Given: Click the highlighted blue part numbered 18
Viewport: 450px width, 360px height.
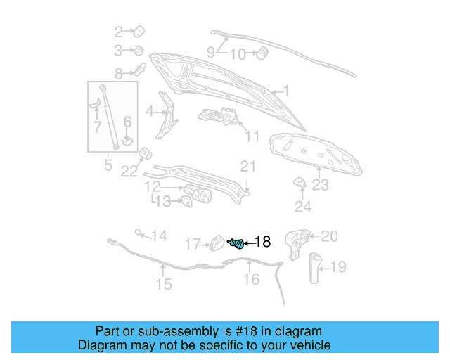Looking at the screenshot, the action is pos(236,243).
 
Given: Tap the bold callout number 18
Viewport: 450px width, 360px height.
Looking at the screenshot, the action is pos(262,242).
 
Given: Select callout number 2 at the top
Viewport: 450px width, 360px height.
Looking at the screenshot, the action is pos(119,32).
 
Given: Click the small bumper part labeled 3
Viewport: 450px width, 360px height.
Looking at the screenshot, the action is pos(139,50).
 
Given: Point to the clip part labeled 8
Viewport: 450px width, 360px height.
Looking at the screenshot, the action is pos(141,69).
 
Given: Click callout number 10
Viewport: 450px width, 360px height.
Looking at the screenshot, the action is pos(238,54).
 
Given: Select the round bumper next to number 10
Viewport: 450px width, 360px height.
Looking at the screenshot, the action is pos(262,53).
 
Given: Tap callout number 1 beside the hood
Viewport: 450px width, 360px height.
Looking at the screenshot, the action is pos(286,91).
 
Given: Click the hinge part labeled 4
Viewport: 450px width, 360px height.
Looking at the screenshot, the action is pos(167,115).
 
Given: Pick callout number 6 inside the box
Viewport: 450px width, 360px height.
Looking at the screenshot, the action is pos(127,122).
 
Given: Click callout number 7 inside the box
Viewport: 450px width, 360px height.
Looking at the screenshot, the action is pos(97,127).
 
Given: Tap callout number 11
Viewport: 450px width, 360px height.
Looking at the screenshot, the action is pos(252,136).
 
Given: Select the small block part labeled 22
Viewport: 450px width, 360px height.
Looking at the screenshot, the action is pos(146,153).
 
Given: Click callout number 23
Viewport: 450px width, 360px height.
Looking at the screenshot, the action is pos(320,185).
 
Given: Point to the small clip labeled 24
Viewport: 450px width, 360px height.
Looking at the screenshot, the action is pos(300,183).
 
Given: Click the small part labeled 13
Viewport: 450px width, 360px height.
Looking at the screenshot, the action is pos(187,201).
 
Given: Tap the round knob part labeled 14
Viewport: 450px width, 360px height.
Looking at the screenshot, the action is pos(139,232).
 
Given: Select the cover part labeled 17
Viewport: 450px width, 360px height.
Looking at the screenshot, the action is pos(217,243).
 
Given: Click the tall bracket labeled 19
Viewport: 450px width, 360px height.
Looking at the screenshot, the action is pos(315,268).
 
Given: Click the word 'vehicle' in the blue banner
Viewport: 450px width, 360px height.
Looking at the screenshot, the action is pos(311,345).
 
